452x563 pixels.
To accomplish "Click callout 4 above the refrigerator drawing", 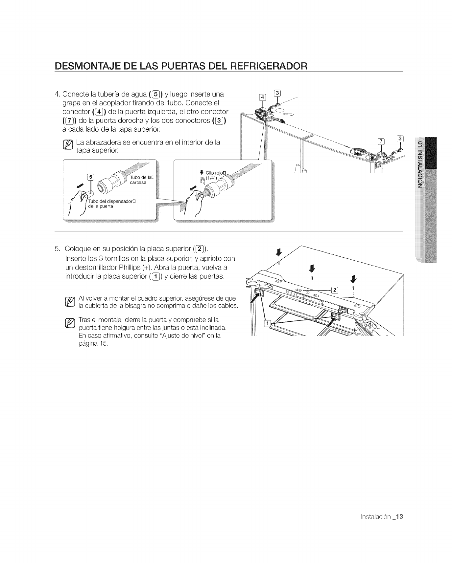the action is [262, 97].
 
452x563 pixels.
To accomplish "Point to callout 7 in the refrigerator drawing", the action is [382, 141].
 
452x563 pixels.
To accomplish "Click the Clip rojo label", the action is [215, 173].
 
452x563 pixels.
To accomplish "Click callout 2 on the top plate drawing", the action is [335, 290].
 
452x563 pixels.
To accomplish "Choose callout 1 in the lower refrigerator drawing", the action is [268, 324].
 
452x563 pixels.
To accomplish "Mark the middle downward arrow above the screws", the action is [312, 268].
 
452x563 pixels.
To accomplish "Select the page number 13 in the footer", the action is [399, 516].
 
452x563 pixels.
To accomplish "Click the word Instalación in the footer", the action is [376, 517].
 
